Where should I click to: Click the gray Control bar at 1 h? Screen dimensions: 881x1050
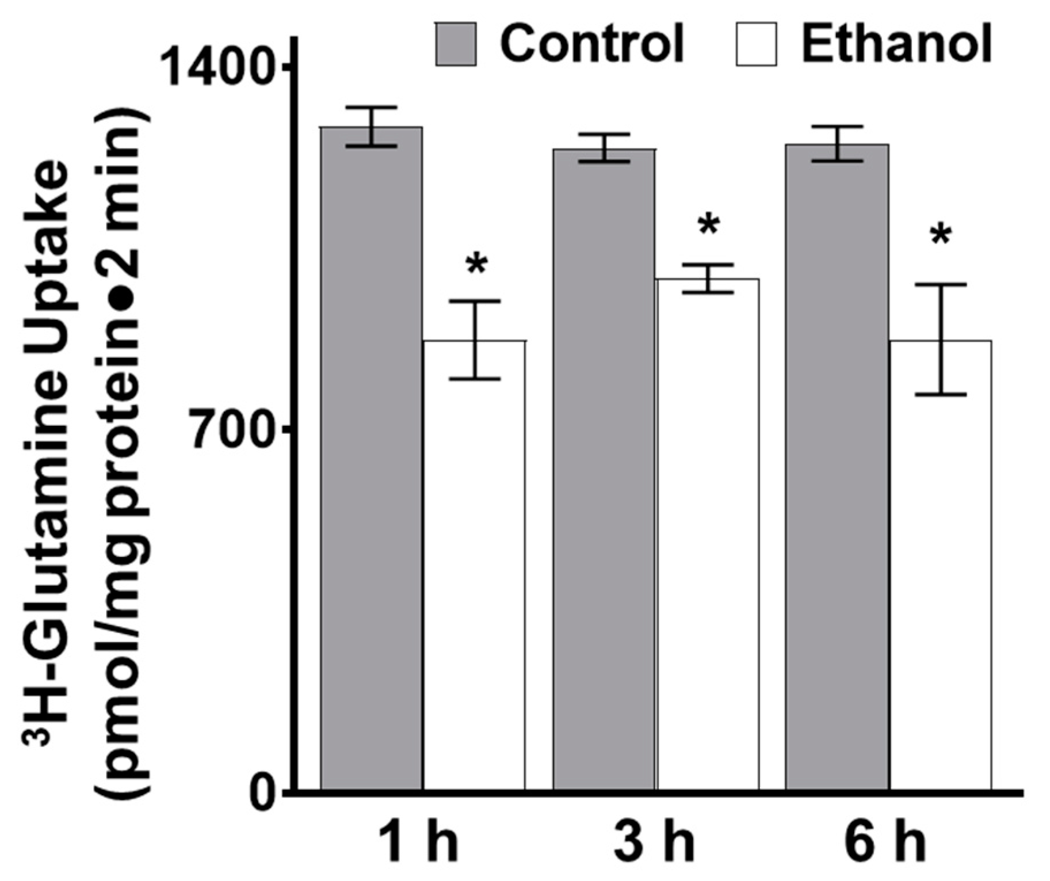tap(372, 460)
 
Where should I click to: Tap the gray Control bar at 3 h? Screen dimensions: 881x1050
tap(604, 472)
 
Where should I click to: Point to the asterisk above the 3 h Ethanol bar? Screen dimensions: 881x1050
tap(709, 225)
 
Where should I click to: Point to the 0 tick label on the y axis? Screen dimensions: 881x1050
tap(264, 795)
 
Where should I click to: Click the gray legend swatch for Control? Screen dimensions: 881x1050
tap(456, 44)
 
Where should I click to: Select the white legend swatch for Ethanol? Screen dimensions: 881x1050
tap(757, 44)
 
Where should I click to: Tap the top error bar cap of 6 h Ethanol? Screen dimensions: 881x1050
tap(941, 284)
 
